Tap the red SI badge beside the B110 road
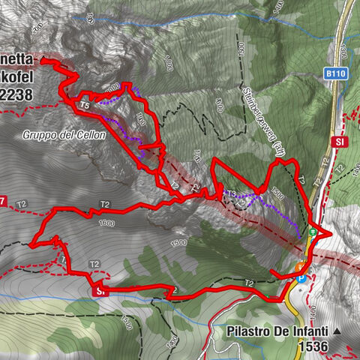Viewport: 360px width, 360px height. click(341, 141)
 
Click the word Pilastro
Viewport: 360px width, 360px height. click(250, 331)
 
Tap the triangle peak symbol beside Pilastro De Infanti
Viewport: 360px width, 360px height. click(337, 331)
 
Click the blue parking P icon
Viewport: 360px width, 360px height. click(301, 277)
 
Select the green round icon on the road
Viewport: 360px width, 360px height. click(313, 232)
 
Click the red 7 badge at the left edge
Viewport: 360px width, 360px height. click(3, 200)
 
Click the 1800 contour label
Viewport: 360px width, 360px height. click(139, 118)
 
